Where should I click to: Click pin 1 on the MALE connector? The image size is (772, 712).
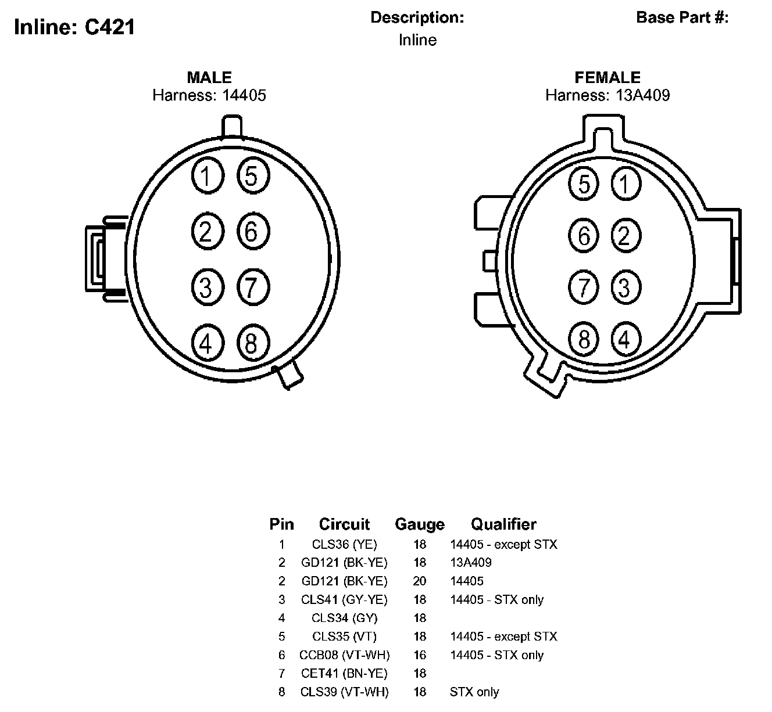(x=208, y=175)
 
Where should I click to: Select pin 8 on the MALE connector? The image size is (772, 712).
(x=253, y=343)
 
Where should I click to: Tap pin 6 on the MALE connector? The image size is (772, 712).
(x=253, y=231)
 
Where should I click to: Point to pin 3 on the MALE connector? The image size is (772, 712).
(x=208, y=287)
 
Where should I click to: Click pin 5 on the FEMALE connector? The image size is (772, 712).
(x=583, y=183)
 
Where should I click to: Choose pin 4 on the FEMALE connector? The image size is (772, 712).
(x=626, y=339)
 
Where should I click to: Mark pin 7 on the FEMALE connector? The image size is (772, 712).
(x=583, y=287)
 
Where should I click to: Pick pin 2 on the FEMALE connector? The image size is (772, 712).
(x=626, y=235)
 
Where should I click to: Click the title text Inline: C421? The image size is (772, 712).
(x=74, y=27)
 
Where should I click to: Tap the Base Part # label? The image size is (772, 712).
(x=682, y=17)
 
